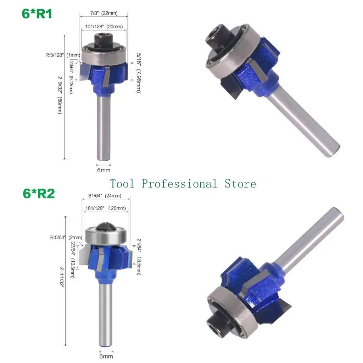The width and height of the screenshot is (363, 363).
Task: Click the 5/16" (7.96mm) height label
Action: tap(138, 73)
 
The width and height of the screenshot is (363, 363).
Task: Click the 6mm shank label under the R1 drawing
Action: tap(104, 170)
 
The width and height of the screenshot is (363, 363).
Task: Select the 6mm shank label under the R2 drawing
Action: tap(106, 356)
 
